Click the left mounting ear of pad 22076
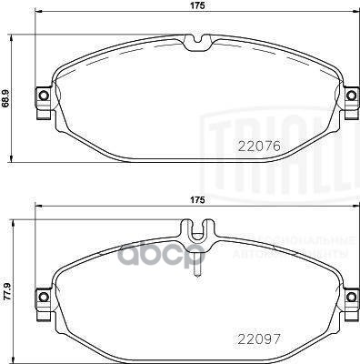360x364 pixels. [x=40, y=96]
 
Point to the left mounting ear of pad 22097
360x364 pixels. [x=40, y=296]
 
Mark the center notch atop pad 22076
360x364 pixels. [x=195, y=41]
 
